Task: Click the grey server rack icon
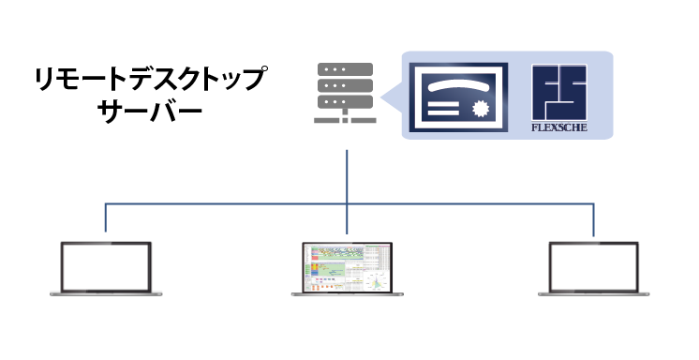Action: [x=345, y=93]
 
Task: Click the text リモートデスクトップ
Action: [x=151, y=79]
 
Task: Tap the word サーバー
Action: [x=150, y=112]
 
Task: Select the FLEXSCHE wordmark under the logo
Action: [x=559, y=127]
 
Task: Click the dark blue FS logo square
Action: [x=559, y=92]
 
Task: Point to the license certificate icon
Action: [x=458, y=97]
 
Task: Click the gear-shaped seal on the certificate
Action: [x=481, y=109]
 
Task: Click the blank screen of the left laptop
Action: [x=106, y=267]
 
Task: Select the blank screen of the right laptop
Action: [x=593, y=267]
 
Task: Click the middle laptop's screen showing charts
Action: [x=348, y=267]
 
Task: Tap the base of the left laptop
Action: [x=106, y=294]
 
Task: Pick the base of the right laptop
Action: [x=593, y=294]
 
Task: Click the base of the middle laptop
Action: [x=348, y=294]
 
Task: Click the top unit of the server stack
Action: [x=345, y=69]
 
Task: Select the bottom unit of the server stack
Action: [x=345, y=101]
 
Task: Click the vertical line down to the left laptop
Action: [x=106, y=217]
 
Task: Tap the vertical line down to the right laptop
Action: [x=593, y=220]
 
